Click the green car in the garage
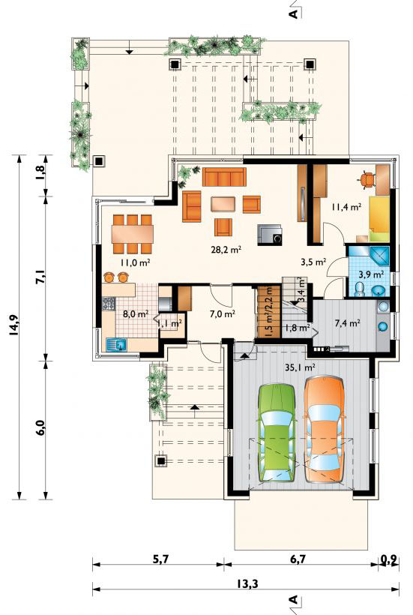pyautogui.click(x=276, y=432)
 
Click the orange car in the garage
pyautogui.click(x=325, y=428)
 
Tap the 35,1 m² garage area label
pyautogui.click(x=301, y=367)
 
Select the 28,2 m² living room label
pyautogui.click(x=226, y=249)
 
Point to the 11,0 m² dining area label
pyautogui.click(x=136, y=262)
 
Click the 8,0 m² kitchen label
pyautogui.click(x=135, y=313)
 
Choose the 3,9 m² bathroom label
pyautogui.click(x=372, y=274)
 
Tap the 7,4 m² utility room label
pyautogui.click(x=347, y=323)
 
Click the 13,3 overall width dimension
pyautogui.click(x=247, y=583)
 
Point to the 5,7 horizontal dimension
pyautogui.click(x=160, y=559)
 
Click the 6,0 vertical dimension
pyautogui.click(x=41, y=428)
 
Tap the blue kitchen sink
pyautogui.click(x=117, y=345)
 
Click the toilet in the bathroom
pyautogui.click(x=359, y=289)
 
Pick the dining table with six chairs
pyautogui.click(x=132, y=234)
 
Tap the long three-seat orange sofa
pyautogui.click(x=224, y=176)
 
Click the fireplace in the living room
pyautogui.click(x=269, y=235)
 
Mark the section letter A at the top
pyautogui.click(x=293, y=13)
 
